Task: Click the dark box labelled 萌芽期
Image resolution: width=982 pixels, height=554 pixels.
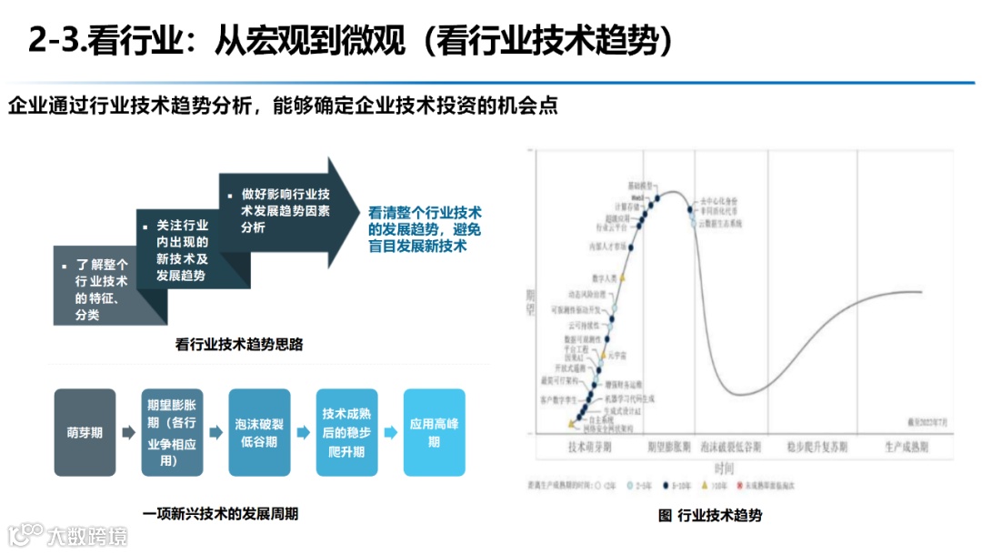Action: point(85,433)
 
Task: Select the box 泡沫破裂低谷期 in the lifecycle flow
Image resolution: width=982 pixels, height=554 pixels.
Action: point(259,433)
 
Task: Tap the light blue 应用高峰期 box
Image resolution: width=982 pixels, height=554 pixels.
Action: point(434,433)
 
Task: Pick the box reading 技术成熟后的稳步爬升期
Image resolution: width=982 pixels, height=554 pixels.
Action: point(346,433)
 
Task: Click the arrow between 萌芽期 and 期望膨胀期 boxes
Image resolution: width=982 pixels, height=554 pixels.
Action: point(128,433)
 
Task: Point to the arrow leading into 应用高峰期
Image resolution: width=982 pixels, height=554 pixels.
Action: point(390,433)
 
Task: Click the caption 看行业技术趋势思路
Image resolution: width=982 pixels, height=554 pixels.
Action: point(238,345)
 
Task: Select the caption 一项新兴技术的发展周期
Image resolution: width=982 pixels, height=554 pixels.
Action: point(220,514)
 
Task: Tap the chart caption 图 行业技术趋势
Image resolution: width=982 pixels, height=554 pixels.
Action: point(709,515)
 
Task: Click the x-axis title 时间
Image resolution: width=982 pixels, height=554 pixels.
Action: point(725,468)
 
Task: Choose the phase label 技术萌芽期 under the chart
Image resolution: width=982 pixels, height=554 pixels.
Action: point(589,448)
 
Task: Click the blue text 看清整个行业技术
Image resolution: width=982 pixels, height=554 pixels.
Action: point(424,212)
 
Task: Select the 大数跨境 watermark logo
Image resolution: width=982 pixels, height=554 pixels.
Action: point(68,535)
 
